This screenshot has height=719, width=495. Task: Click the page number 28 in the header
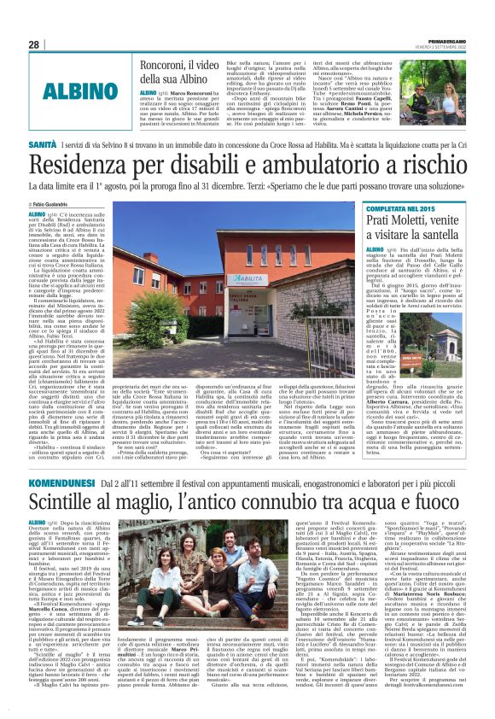[34, 44]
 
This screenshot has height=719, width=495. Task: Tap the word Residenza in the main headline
[95, 166]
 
